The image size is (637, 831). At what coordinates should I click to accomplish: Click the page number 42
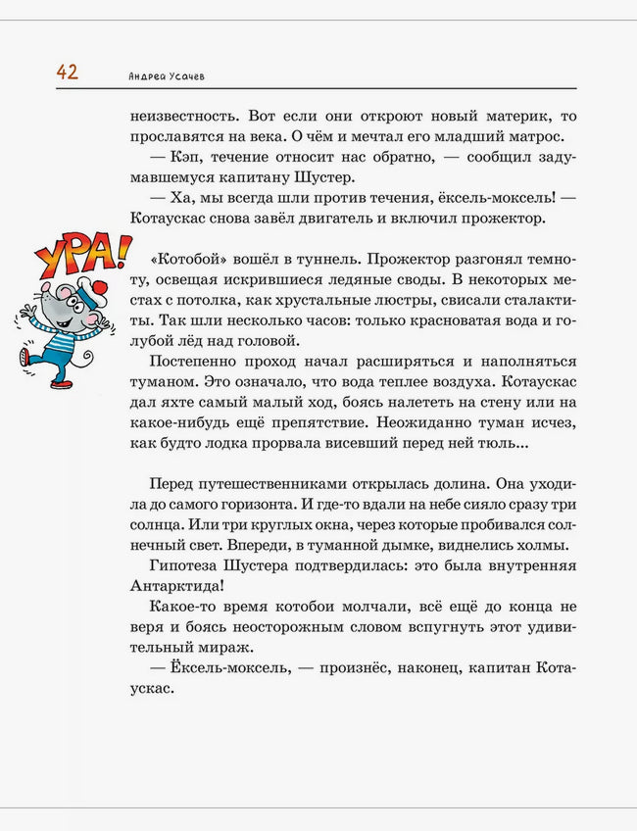[x=67, y=72]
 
